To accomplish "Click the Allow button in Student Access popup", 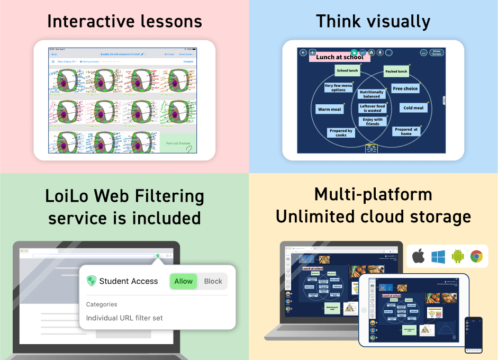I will point(183,281).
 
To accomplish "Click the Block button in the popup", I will point(213,281).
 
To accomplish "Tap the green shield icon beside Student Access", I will point(92,281).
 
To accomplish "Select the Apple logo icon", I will point(419,257).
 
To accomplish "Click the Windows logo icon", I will point(438,257).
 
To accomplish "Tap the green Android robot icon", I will point(458,257).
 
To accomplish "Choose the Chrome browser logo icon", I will point(476,257).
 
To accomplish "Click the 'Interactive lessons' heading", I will point(124,21).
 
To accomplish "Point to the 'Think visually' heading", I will point(373,21).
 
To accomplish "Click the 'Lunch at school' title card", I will point(339,57).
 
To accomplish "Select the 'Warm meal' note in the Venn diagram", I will point(329,109).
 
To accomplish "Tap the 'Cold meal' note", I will point(413,108).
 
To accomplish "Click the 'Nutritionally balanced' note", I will point(372,94).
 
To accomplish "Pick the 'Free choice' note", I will point(405,88).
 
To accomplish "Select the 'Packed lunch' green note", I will point(396,71).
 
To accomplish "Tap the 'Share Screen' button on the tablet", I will point(436,52).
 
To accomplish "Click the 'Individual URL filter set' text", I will point(124,318).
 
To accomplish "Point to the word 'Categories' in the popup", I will point(102,304).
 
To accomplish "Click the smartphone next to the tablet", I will point(473,335).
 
